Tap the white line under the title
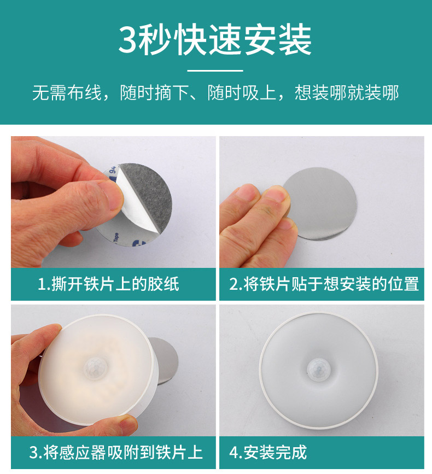[x=215, y=71]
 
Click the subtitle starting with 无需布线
[x=215, y=92]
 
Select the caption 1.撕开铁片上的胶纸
[x=108, y=284]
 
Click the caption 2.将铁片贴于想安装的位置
[x=324, y=284]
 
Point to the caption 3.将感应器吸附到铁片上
[x=116, y=452]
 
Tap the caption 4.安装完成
[x=268, y=452]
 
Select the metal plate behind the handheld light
[x=166, y=360]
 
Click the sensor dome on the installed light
[x=319, y=370]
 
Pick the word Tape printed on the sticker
[x=116, y=237]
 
